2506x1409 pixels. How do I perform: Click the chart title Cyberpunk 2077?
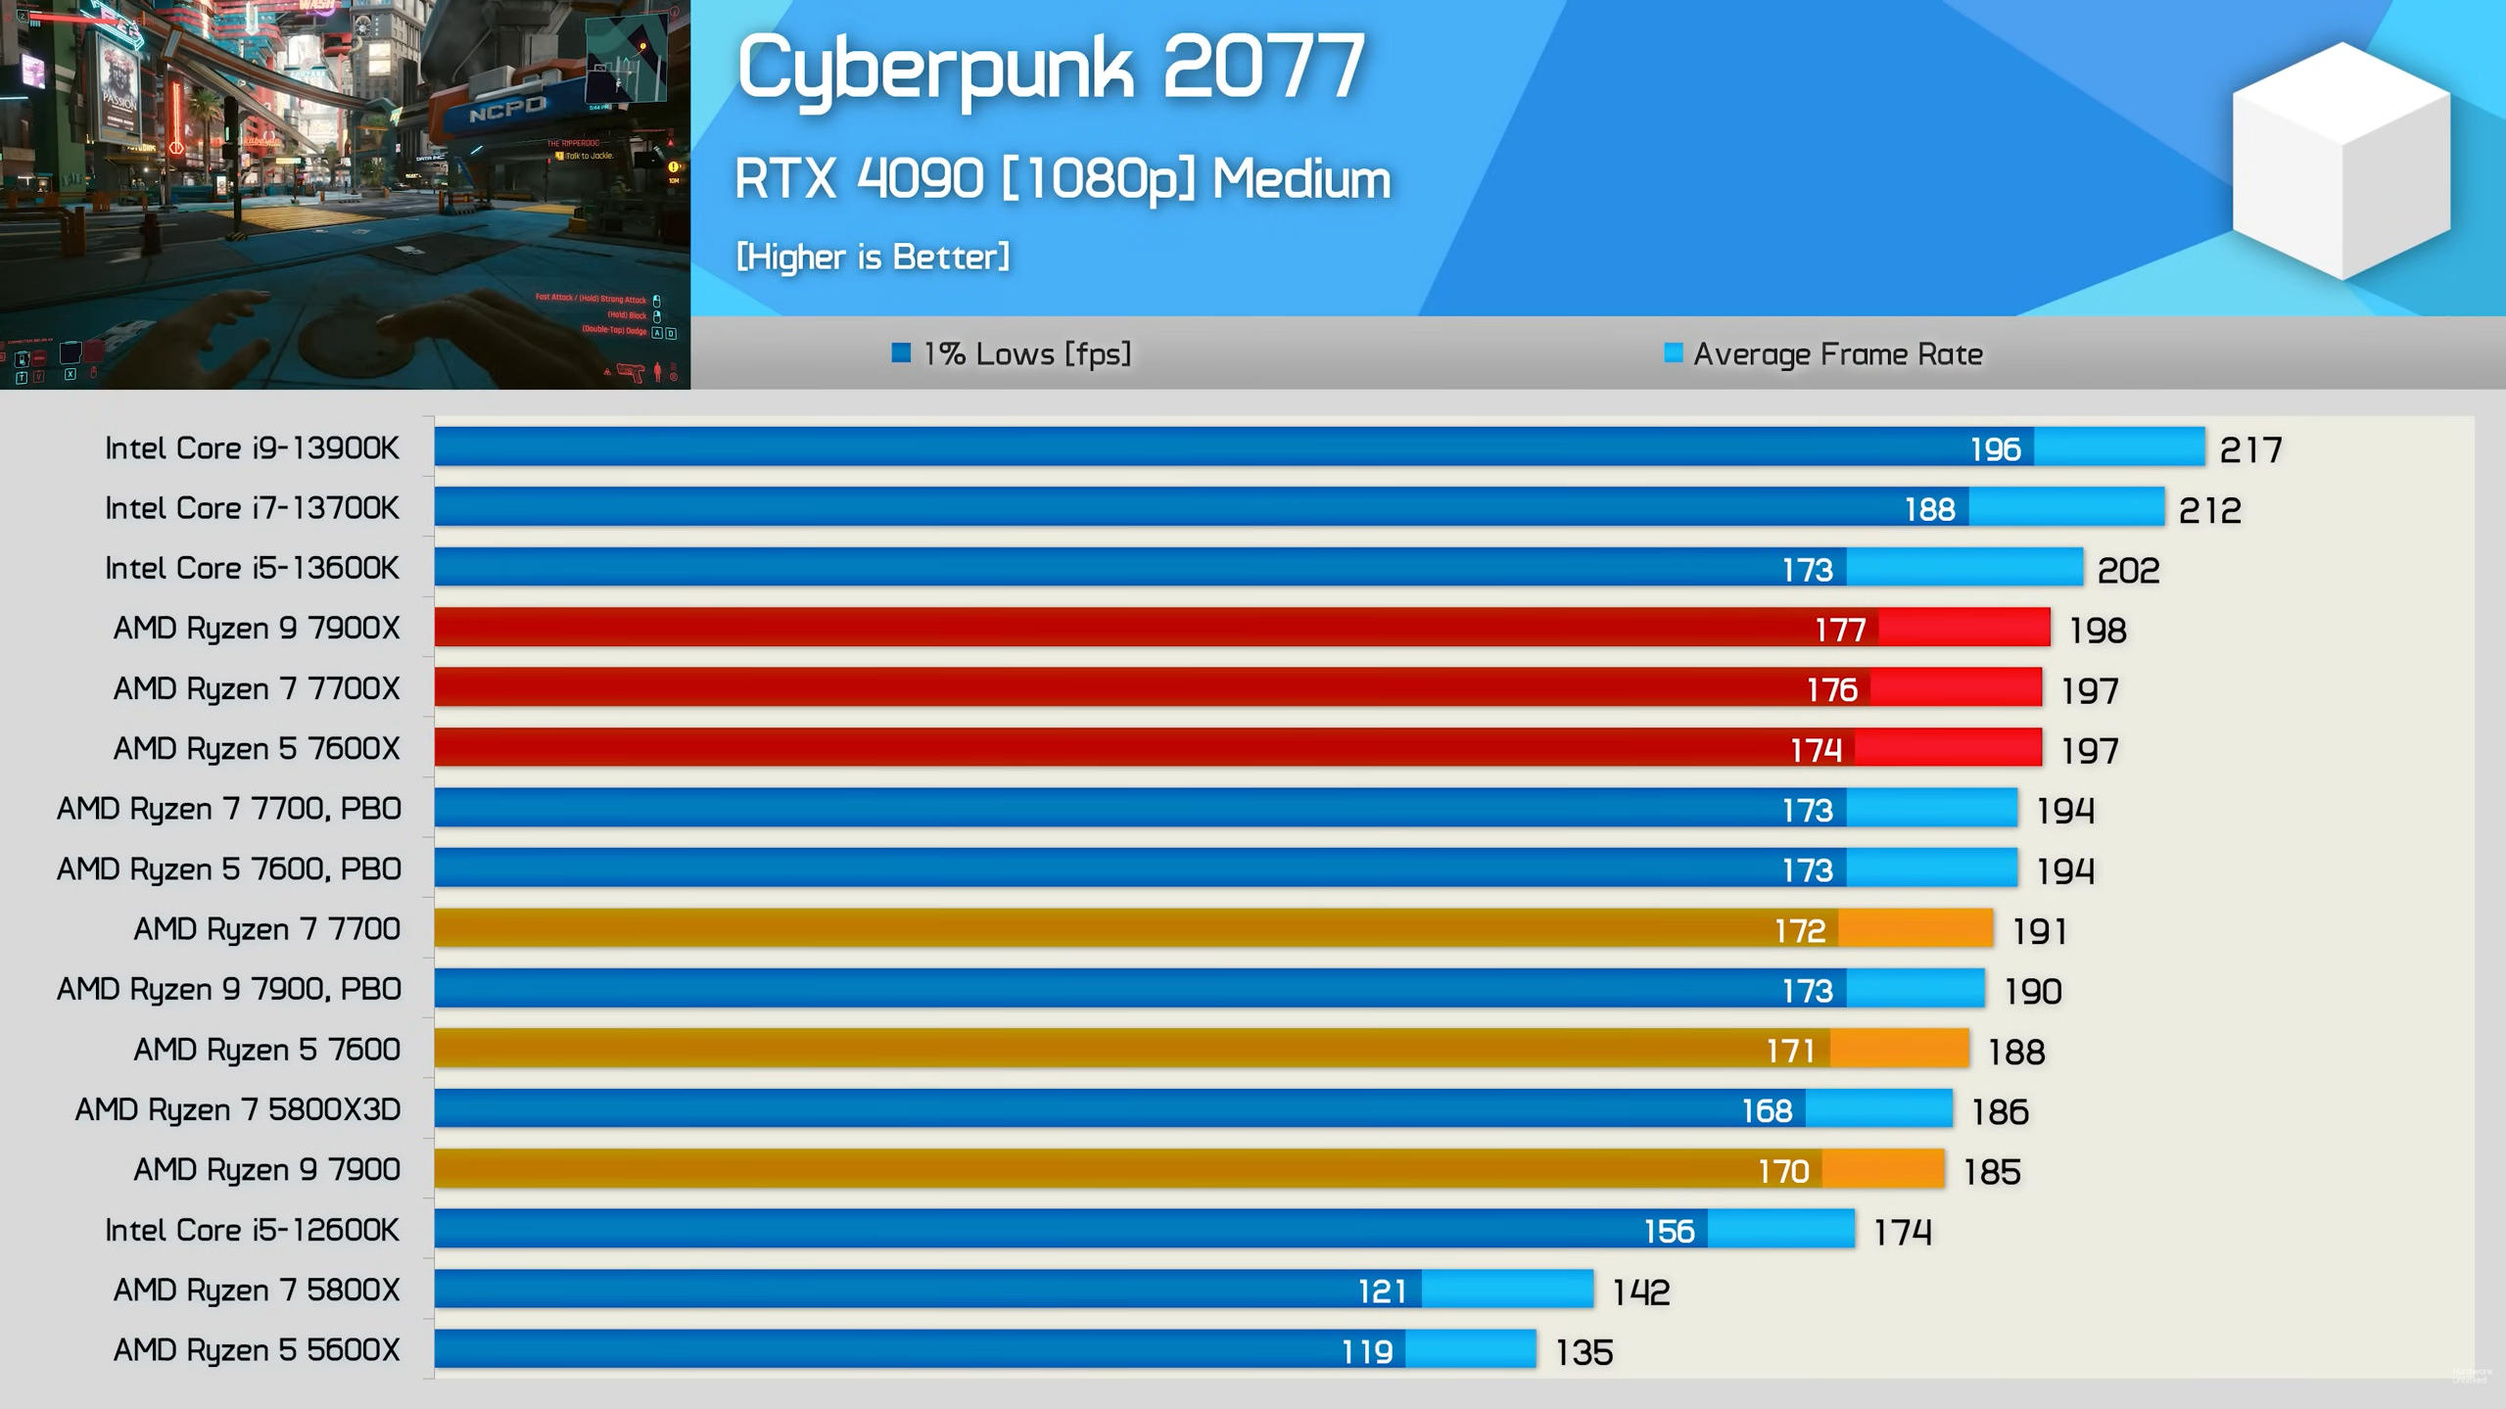(1050, 67)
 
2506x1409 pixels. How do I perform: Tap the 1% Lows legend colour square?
(901, 352)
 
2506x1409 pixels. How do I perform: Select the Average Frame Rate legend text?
(1837, 353)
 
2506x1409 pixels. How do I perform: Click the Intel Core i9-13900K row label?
(252, 447)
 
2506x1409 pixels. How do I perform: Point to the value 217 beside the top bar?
(2249, 449)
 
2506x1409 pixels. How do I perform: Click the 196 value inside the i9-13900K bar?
(1994, 448)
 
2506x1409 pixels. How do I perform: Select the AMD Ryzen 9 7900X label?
(257, 628)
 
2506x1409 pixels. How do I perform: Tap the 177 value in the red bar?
(1840, 630)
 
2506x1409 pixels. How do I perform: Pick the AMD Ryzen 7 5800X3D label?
(238, 1109)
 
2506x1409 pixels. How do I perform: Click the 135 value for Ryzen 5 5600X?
(1584, 1352)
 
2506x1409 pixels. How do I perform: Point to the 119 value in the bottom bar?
(1366, 1352)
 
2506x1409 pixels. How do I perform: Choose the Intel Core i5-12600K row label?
(252, 1230)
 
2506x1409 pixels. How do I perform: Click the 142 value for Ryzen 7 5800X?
(1640, 1292)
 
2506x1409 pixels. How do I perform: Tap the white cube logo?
(2341, 162)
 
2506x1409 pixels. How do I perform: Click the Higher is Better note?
(873, 257)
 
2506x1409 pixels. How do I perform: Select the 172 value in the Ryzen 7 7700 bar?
(1800, 930)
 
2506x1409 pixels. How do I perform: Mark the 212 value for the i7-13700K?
(2209, 510)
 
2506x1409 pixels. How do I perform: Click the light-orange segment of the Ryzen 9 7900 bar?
(1882, 1169)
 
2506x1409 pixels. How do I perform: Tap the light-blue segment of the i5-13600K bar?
(1963, 568)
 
